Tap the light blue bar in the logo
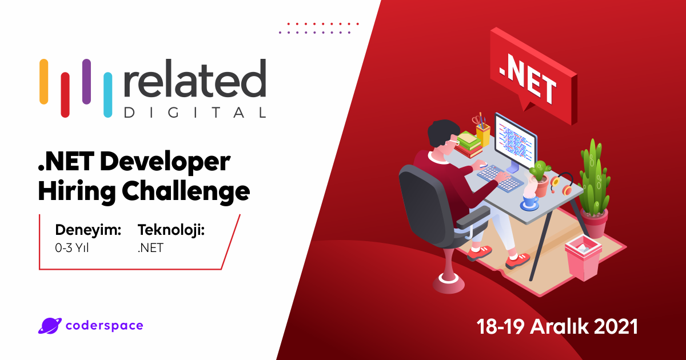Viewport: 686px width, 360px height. pyautogui.click(x=107, y=95)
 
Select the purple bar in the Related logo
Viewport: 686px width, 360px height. pyautogui.click(x=86, y=81)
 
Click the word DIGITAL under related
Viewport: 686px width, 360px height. pyautogui.click(x=195, y=113)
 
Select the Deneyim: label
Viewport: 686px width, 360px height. pyautogui.click(x=88, y=230)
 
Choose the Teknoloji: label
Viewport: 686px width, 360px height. pyautogui.click(x=171, y=230)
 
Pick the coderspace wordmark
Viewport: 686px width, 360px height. pyautogui.click(x=105, y=326)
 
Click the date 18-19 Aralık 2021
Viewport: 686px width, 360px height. pyautogui.click(x=557, y=327)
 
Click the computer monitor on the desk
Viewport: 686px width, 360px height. pyautogui.click(x=515, y=139)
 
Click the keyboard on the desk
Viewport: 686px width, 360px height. pyautogui.click(x=500, y=177)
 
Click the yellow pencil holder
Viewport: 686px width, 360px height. pyautogui.click(x=483, y=135)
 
